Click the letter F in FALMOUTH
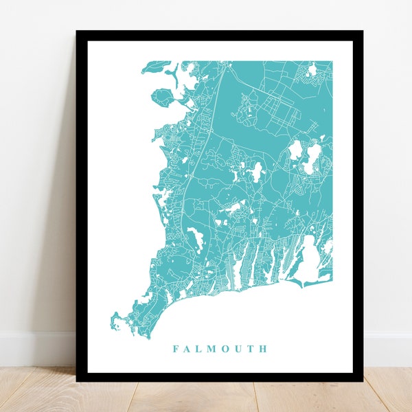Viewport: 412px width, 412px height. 176,349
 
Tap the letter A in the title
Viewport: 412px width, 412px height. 188,349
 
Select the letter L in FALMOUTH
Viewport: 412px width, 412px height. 201,349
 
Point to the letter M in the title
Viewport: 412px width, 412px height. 214,349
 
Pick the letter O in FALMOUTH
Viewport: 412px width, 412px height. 227,349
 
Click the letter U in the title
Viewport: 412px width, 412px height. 240,349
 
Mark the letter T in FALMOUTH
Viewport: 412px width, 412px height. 251,349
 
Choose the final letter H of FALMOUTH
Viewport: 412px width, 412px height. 263,349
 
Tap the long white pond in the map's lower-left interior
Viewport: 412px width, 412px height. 194,240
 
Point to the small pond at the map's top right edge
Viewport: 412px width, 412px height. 312,69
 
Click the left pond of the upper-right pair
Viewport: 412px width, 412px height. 296,150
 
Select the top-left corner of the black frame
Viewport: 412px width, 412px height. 77,32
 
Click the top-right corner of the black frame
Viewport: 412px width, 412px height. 363,32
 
